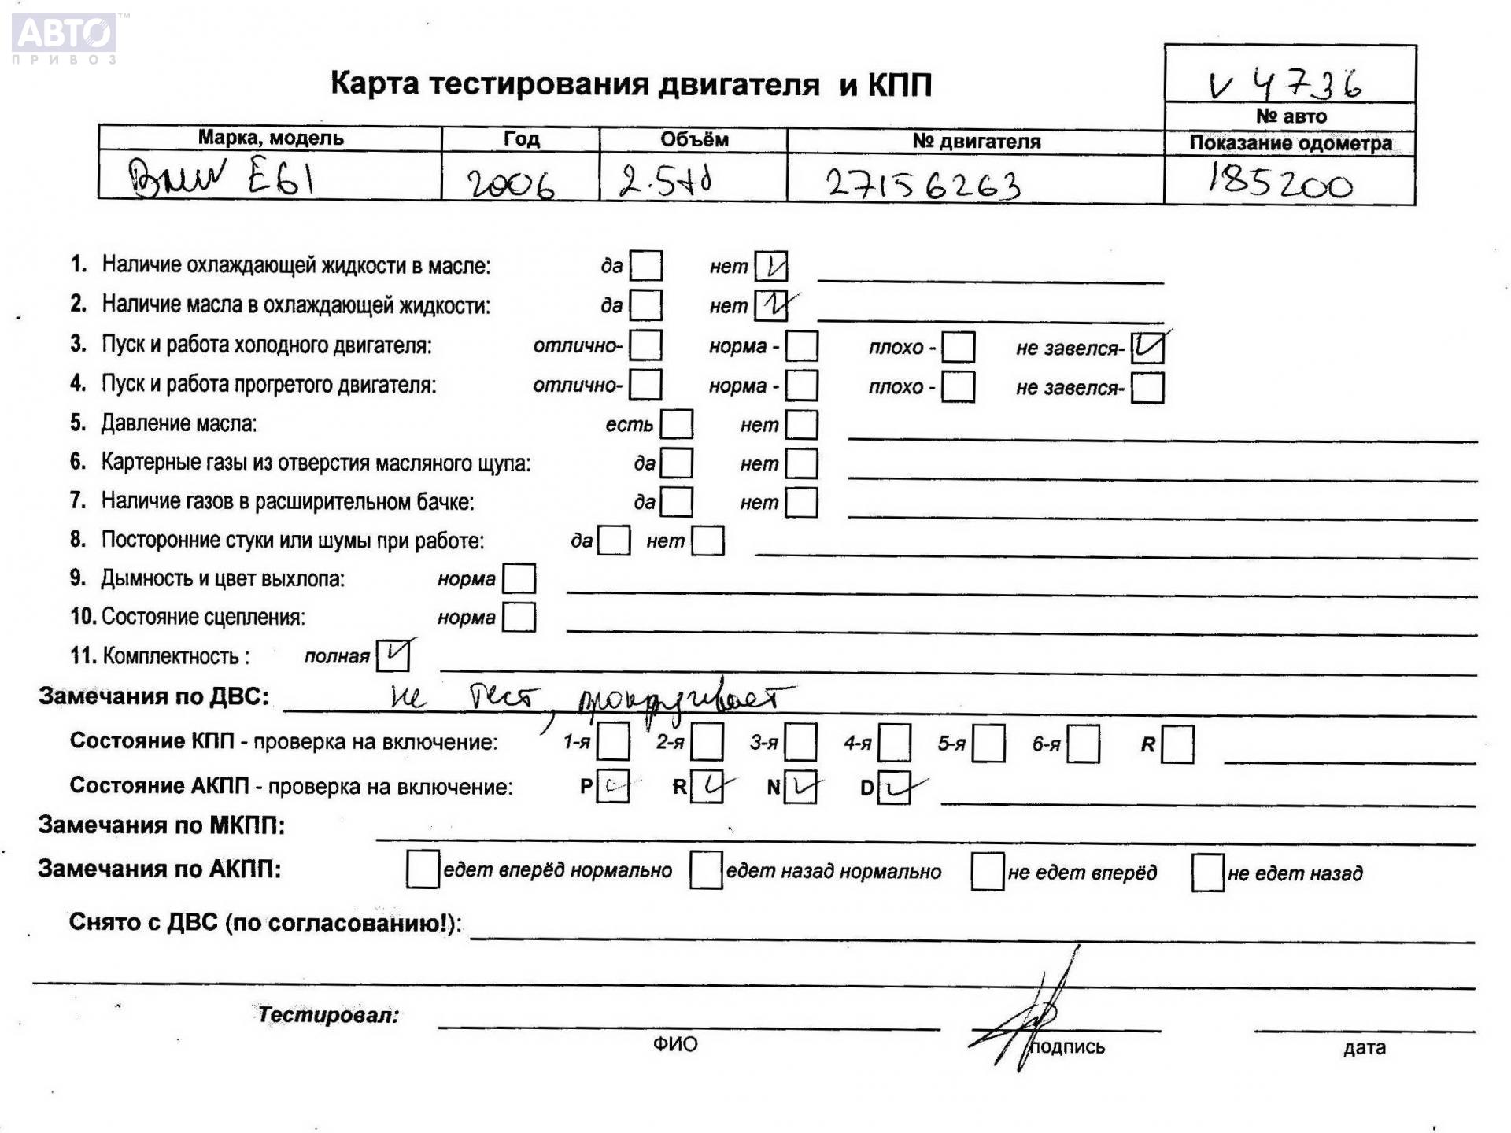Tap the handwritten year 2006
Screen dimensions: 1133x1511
pos(511,185)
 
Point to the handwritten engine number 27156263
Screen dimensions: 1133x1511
pos(923,185)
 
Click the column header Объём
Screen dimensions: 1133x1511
pos(693,140)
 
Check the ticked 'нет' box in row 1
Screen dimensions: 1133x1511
pos(770,267)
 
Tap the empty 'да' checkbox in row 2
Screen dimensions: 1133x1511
pos(645,305)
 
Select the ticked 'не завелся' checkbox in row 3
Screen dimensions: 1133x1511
pos(1147,348)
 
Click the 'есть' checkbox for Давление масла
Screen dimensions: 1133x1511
pos(676,424)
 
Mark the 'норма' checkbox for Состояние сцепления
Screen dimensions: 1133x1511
pos(519,617)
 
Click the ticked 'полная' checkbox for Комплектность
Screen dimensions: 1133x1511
pos(393,655)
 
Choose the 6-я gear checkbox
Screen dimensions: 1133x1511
pos(1083,744)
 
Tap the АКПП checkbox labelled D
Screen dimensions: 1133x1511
pos(894,788)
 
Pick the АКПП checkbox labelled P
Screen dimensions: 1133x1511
pos(612,786)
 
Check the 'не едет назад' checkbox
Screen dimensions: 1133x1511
pos(1207,873)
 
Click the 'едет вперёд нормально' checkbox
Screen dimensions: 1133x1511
pos(423,869)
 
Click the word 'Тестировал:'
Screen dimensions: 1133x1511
pos(328,1015)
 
